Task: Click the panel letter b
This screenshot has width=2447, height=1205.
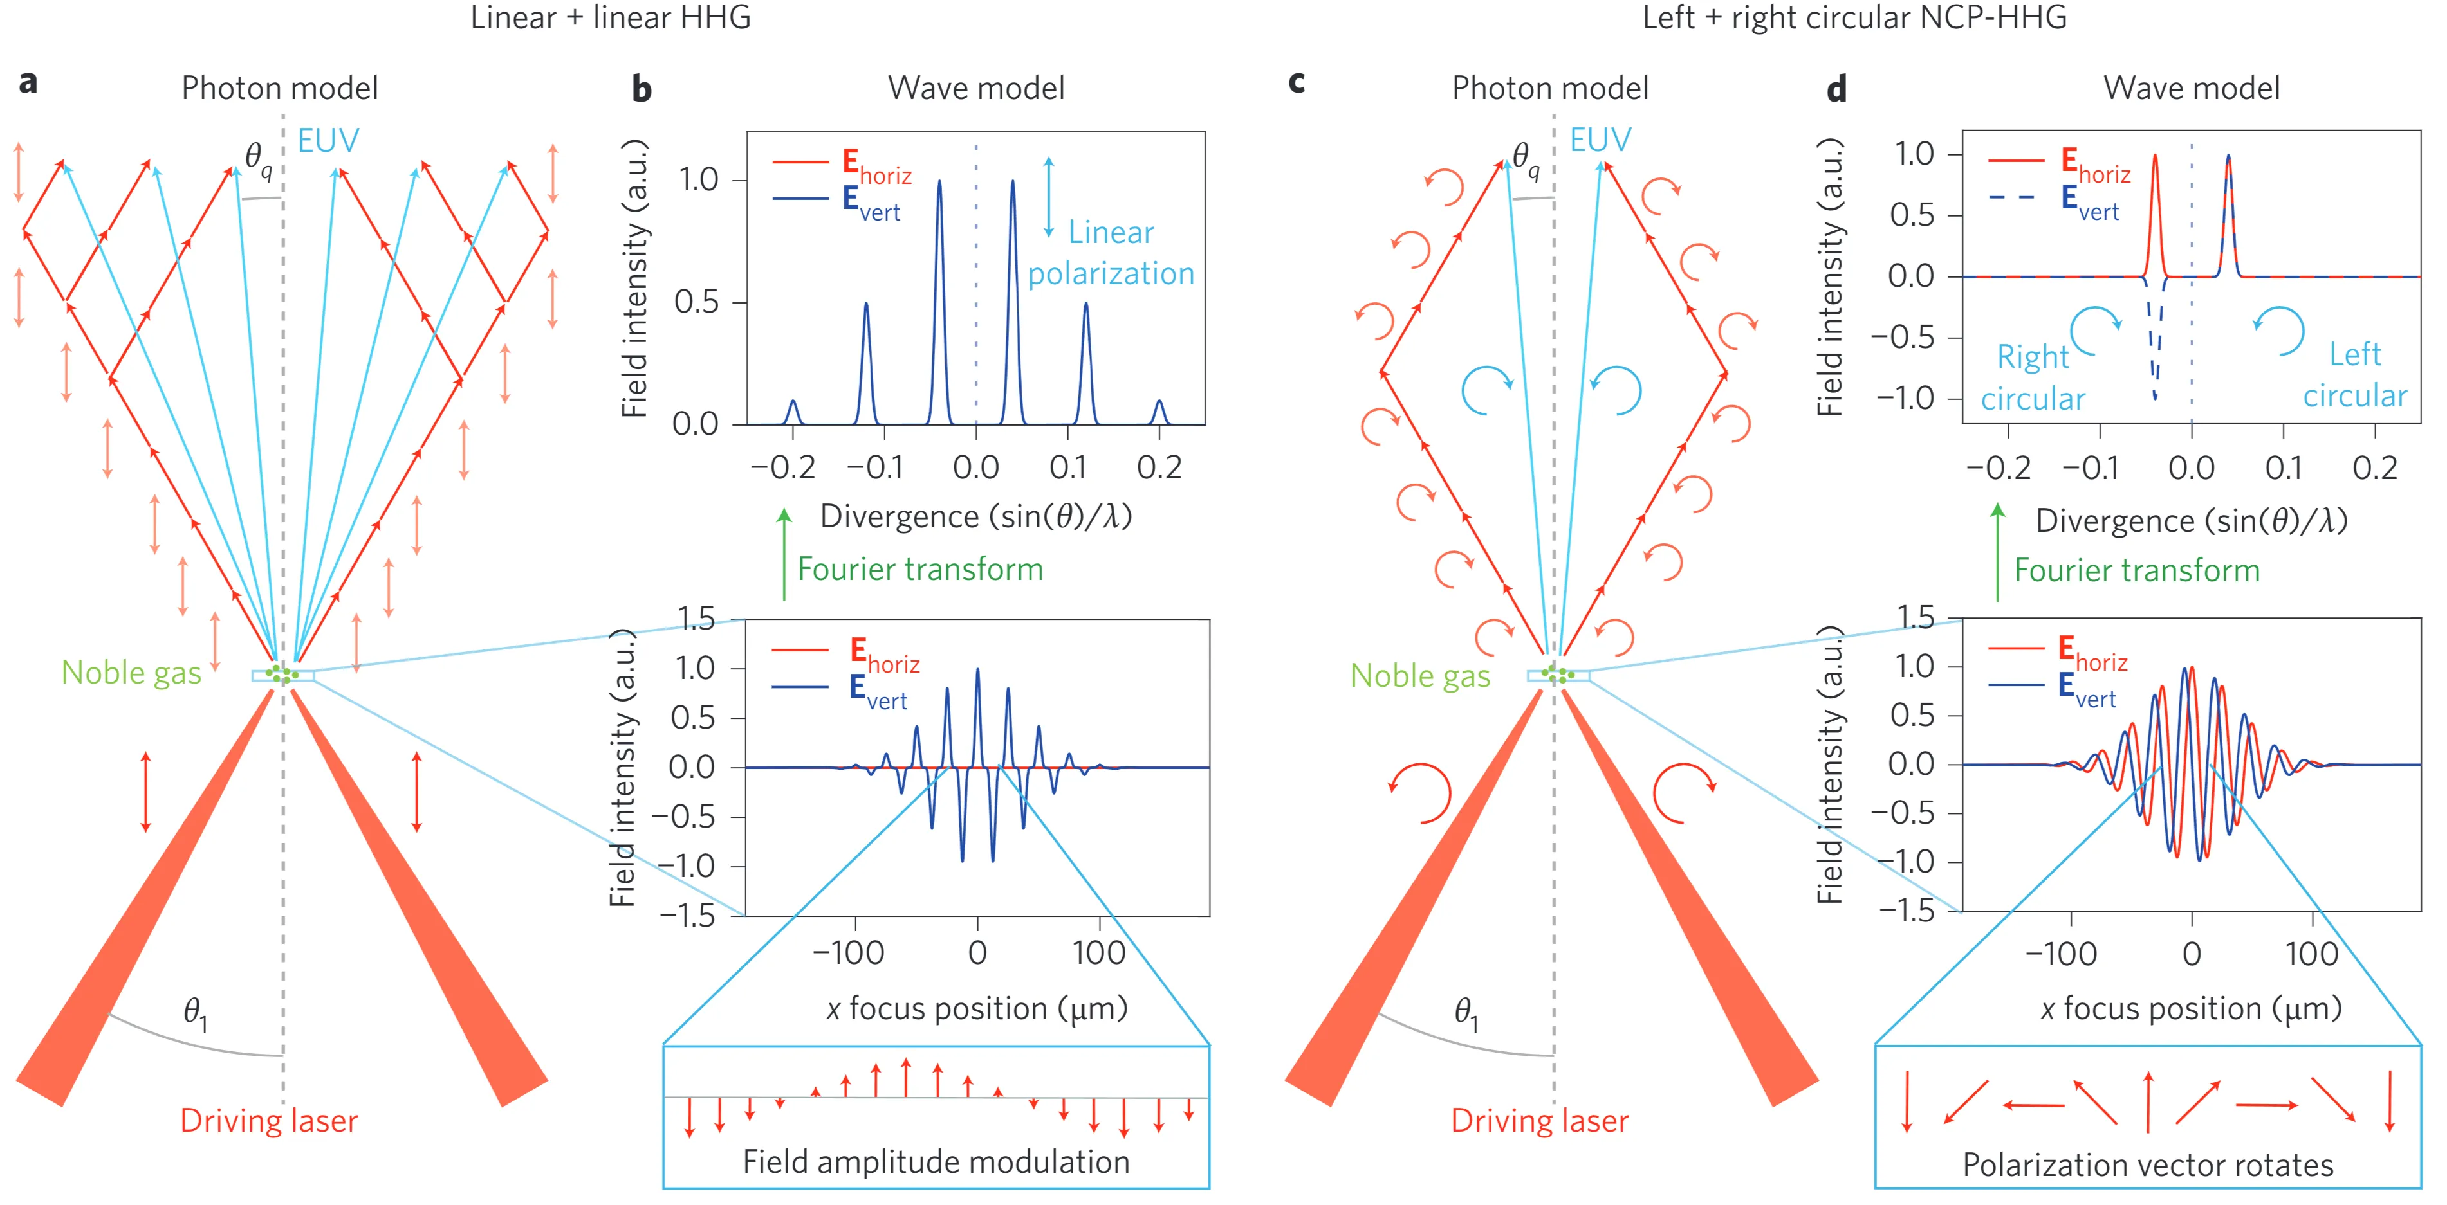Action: click(642, 90)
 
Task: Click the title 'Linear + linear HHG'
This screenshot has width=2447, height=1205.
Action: click(611, 17)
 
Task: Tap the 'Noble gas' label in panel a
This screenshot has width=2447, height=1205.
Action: click(131, 673)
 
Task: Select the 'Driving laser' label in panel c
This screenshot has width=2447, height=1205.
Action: click(1539, 1121)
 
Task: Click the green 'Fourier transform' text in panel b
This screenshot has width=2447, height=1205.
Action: click(919, 569)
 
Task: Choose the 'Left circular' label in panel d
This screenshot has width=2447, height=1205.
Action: click(2355, 374)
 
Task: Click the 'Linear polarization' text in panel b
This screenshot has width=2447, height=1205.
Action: click(1111, 253)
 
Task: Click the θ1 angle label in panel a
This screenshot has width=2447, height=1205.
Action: click(196, 1013)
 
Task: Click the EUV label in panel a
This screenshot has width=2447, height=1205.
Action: click(328, 141)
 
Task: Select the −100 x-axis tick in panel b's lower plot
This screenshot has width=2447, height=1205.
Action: click(848, 952)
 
